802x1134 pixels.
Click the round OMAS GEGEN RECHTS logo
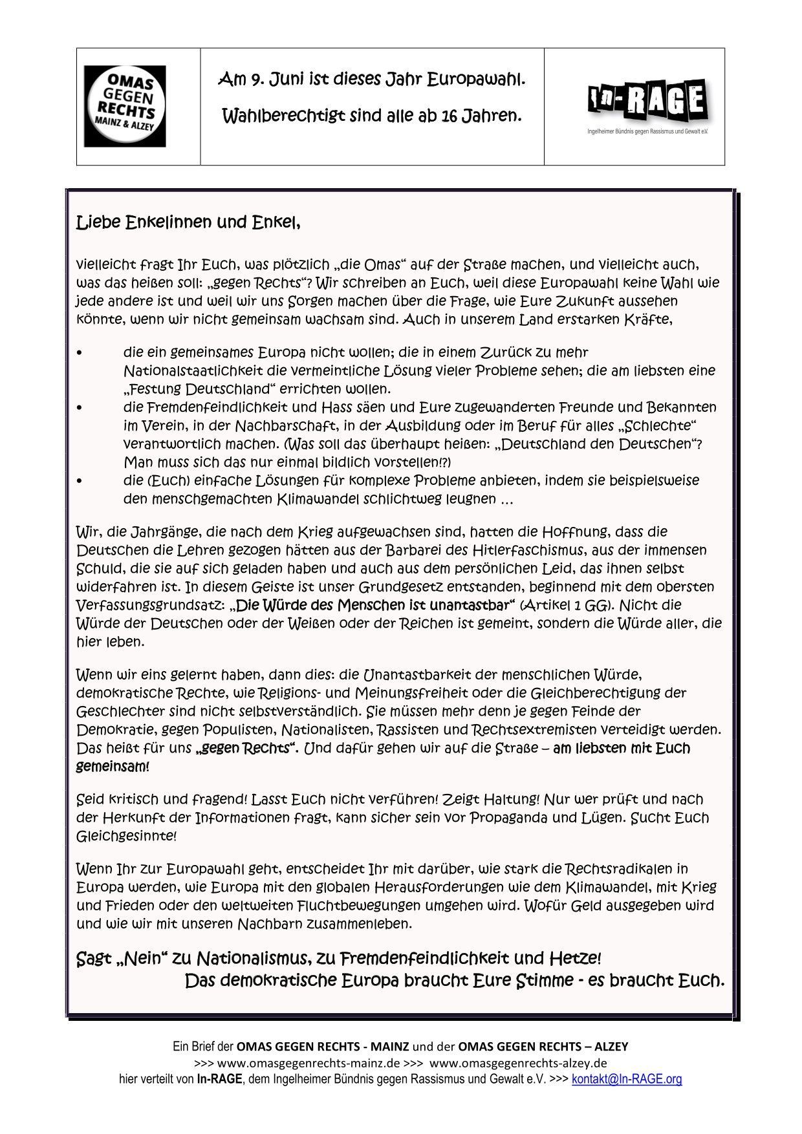[124, 106]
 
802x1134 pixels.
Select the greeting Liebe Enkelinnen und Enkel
[188, 223]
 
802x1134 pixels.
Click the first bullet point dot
[79, 353]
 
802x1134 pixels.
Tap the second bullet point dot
[79, 408]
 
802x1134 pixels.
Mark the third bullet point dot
[79, 481]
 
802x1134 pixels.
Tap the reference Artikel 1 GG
[567, 605]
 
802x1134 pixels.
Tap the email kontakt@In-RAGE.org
[627, 1079]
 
